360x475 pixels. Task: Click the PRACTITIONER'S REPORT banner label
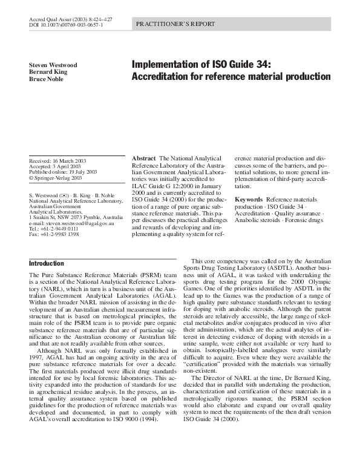[171, 24]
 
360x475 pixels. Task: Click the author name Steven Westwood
[54, 65]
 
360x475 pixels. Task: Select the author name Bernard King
[49, 72]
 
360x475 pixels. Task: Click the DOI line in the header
[66, 26]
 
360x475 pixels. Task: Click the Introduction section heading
[47, 264]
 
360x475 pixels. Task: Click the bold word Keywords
[248, 199]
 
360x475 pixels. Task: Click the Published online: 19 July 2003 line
[63, 172]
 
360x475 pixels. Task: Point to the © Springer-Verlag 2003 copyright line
[56, 179]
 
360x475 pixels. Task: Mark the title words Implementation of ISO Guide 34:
[201, 65]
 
